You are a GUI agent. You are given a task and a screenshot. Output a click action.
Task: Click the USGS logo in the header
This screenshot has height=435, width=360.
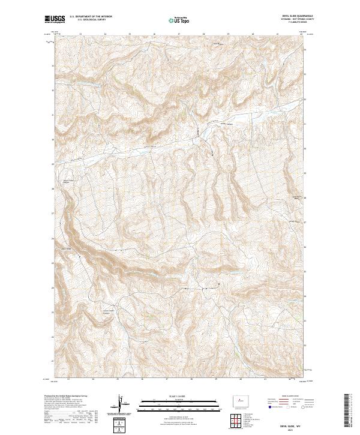tap(55, 19)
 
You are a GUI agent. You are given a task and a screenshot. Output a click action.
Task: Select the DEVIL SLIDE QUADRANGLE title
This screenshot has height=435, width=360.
tap(292, 16)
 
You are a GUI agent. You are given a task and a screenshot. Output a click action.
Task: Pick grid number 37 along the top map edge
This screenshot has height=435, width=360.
tap(179, 34)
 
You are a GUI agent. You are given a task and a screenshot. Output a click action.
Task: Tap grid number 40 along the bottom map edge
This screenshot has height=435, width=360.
tap(241, 380)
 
